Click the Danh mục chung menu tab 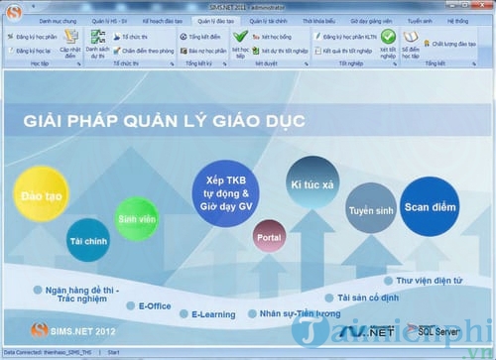pos(59,19)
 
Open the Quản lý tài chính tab pos(269,19)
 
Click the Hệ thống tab pos(458,19)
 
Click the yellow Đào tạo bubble pos(37,198)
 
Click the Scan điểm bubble pos(430,206)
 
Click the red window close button pos(483,6)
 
